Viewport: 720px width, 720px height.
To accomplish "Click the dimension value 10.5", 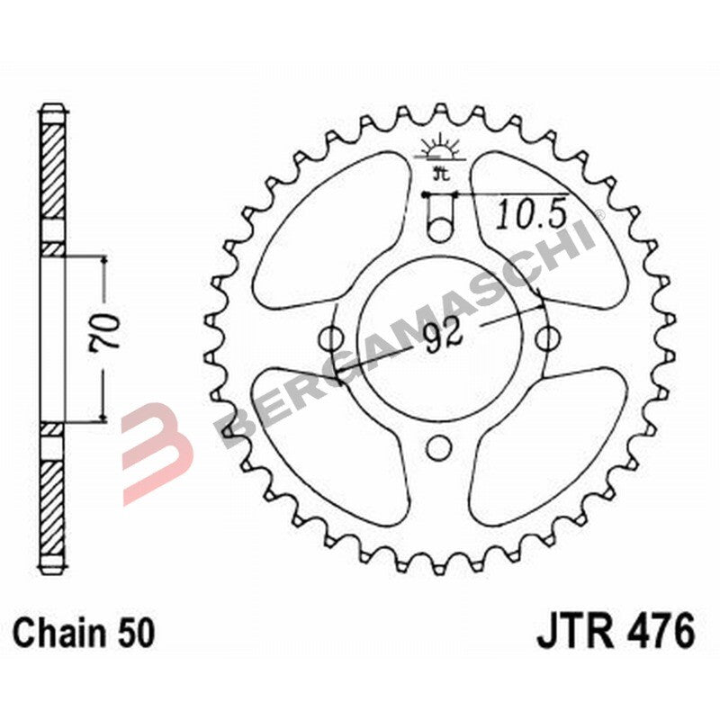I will [530, 214].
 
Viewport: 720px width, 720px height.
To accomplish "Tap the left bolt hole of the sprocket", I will [332, 339].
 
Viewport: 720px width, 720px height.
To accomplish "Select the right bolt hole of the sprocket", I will [545, 339].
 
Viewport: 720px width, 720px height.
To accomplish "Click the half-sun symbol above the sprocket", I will [439, 149].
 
